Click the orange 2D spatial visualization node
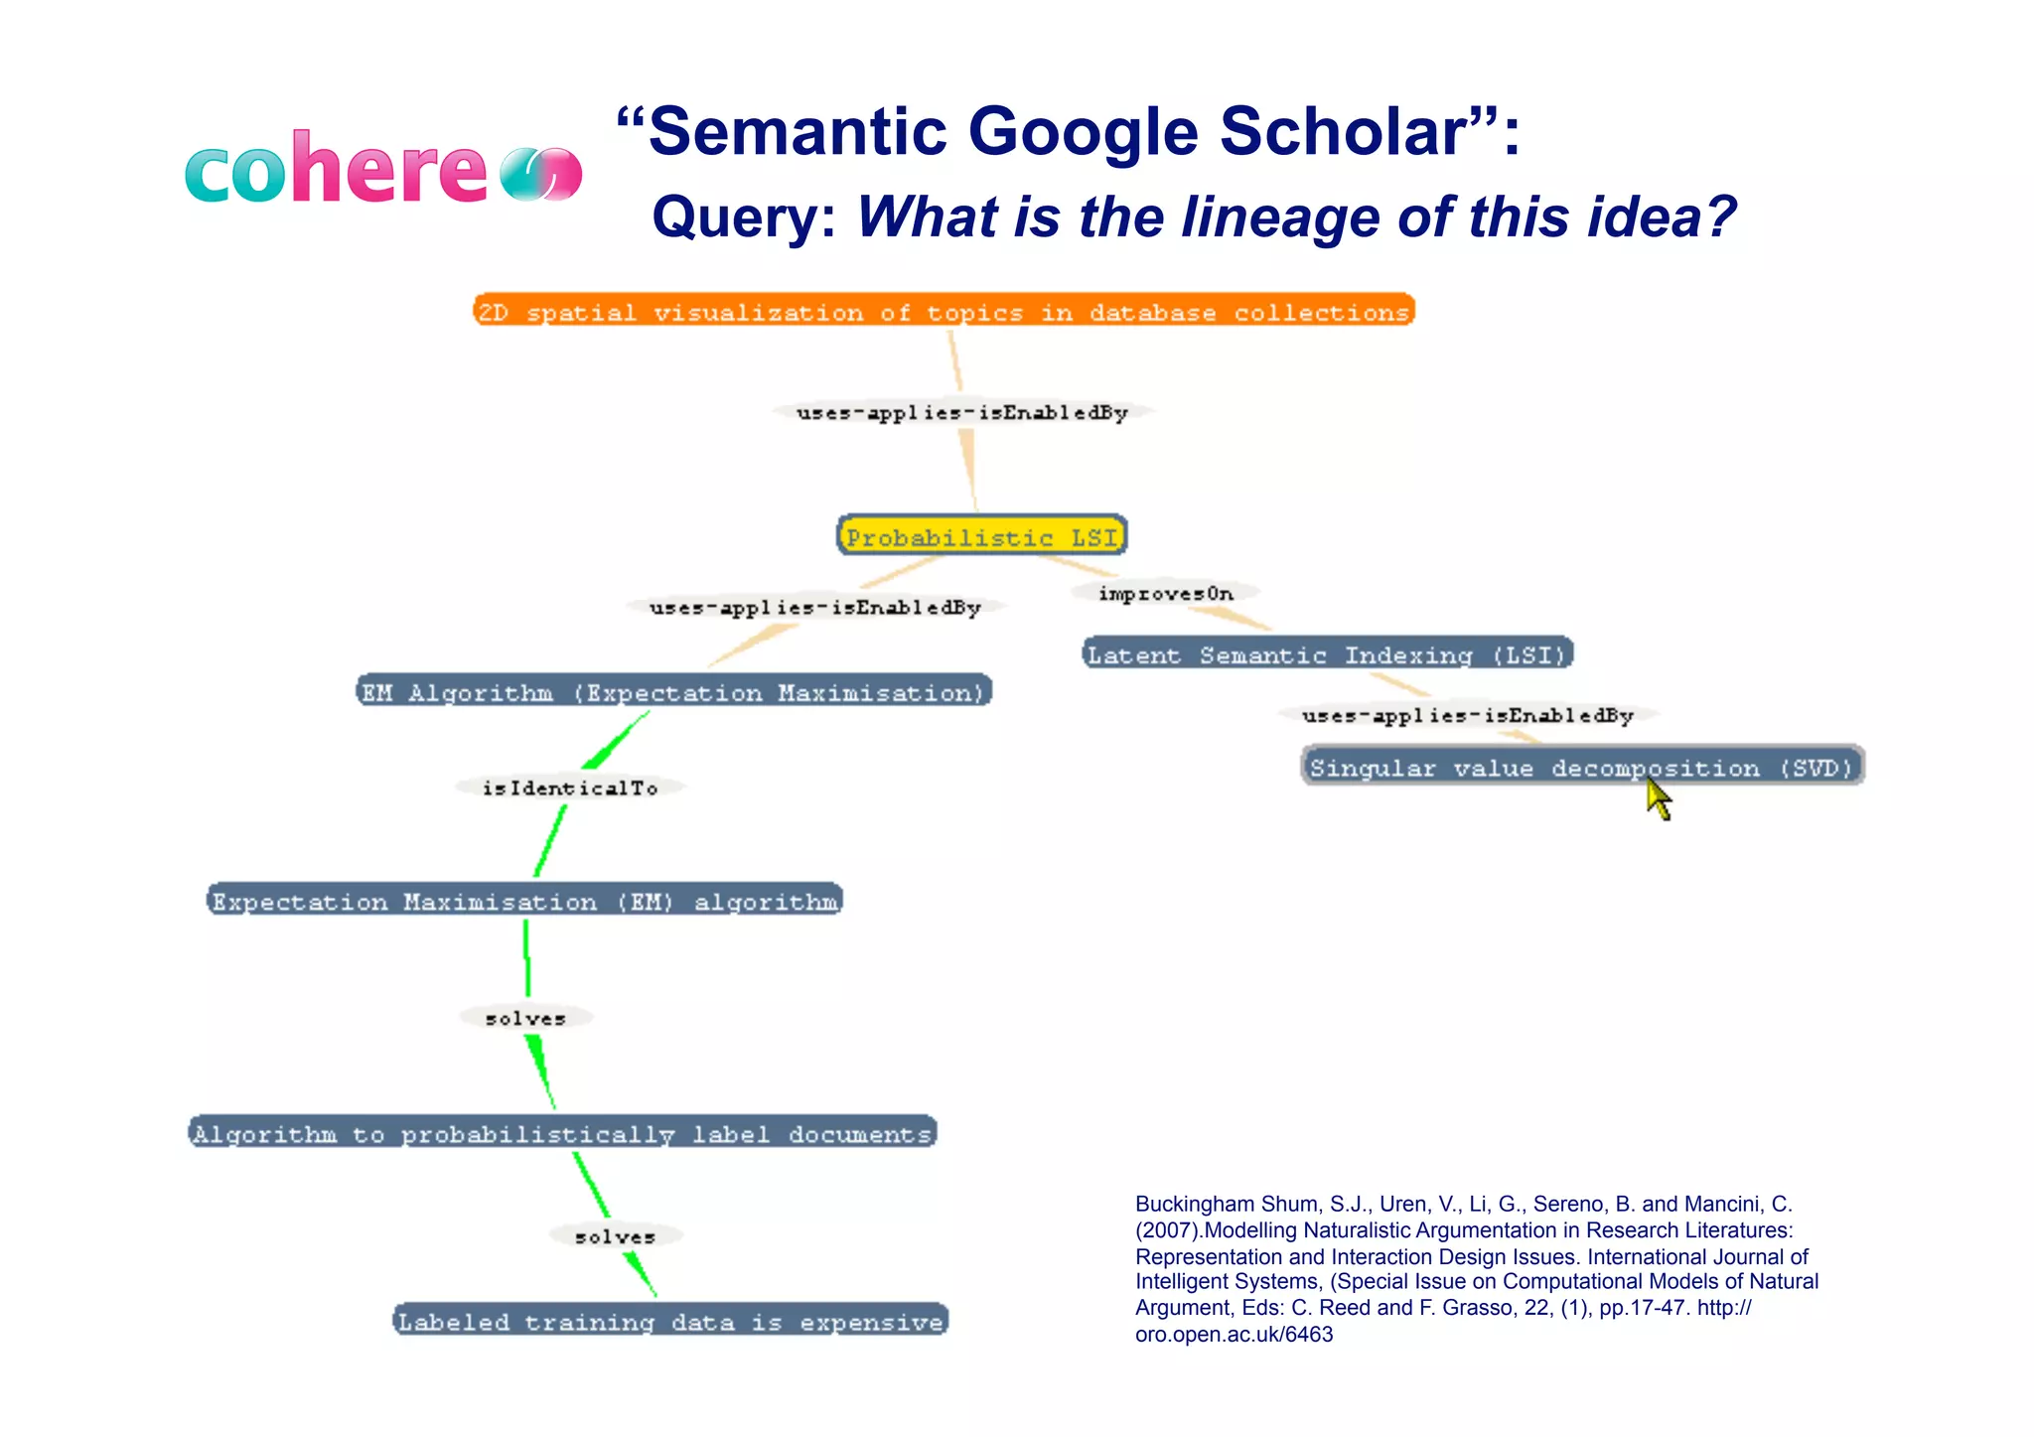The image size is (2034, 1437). [x=944, y=311]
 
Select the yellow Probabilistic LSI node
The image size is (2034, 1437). [x=981, y=536]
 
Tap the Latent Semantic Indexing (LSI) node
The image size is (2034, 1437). [x=1327, y=653]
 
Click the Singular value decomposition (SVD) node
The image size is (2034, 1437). [x=1581, y=767]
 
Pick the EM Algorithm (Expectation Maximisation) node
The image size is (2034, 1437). [x=673, y=691]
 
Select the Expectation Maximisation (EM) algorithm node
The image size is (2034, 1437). [x=524, y=901]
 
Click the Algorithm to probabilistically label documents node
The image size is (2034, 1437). [x=562, y=1132]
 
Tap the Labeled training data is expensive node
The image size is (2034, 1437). [x=670, y=1320]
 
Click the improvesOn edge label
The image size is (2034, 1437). [x=1166, y=593]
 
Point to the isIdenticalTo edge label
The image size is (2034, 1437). [x=570, y=788]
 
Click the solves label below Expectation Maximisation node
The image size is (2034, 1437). [x=525, y=1018]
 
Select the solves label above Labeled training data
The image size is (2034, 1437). [x=616, y=1236]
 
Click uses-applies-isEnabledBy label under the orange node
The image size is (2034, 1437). [x=961, y=412]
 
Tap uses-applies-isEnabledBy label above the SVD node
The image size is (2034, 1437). [x=1467, y=715]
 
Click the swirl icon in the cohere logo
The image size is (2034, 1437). [x=540, y=174]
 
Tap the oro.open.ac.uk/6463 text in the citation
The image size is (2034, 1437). [x=1234, y=1334]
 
